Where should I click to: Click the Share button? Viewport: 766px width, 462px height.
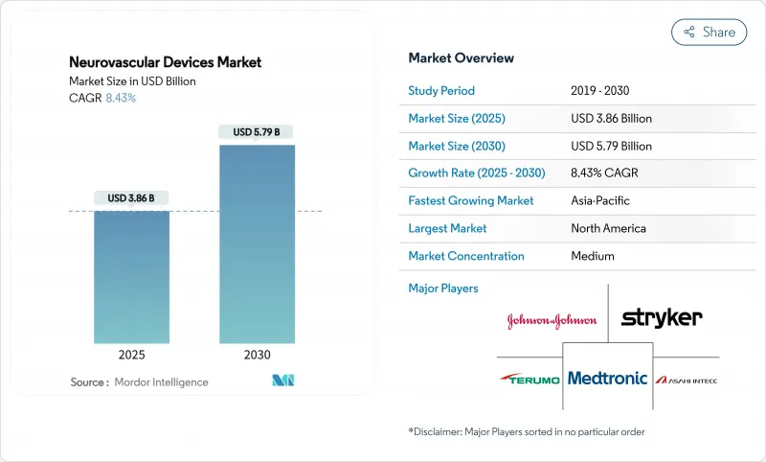709,32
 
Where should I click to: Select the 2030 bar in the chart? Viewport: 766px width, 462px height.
257,249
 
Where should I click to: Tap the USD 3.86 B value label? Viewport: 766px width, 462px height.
132,198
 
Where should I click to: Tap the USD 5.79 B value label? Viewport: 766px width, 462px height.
257,131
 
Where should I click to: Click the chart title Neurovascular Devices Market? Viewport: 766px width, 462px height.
165,62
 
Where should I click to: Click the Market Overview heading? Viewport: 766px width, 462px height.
461,58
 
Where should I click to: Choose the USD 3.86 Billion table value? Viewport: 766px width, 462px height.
611,118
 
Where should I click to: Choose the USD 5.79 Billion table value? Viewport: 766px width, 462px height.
611,146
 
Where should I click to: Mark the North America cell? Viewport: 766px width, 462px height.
608,228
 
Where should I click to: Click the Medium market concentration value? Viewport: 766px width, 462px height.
593,256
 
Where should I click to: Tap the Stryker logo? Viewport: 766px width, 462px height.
662,317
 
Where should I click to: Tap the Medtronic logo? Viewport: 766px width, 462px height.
607,378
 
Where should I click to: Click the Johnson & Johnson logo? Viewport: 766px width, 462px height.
552,320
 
